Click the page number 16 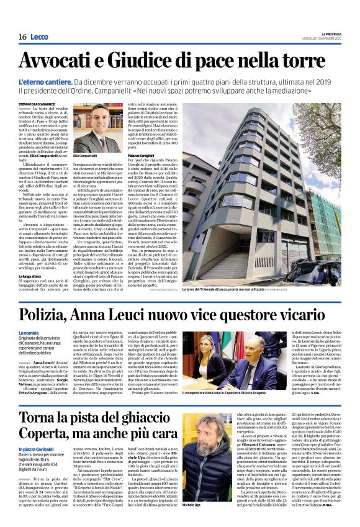coord(22,37)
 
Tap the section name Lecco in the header coord(38,37)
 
